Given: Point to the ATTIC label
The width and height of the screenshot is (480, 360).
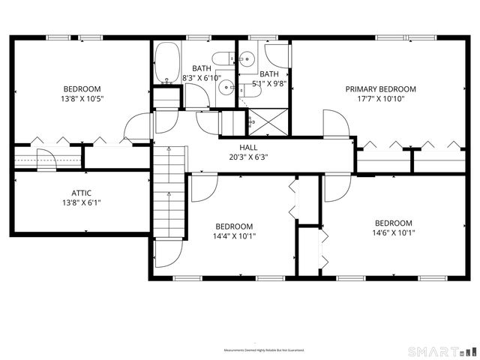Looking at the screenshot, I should pyautogui.click(x=82, y=192).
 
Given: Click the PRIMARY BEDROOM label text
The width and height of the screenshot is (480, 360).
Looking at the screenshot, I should pyautogui.click(x=380, y=88).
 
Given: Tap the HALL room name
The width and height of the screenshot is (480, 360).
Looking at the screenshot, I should pyautogui.click(x=249, y=148).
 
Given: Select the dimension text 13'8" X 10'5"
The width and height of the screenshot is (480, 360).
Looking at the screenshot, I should pyautogui.click(x=82, y=98).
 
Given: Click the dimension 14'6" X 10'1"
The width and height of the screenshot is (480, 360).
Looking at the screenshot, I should pyautogui.click(x=394, y=232).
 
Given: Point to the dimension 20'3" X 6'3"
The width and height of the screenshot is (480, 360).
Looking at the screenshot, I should pyautogui.click(x=249, y=157).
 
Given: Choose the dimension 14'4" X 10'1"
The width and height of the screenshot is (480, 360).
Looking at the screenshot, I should pyautogui.click(x=235, y=235).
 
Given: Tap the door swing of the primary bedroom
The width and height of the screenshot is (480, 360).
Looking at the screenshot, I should pyautogui.click(x=335, y=124).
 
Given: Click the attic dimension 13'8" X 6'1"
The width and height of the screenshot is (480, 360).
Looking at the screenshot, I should pyautogui.click(x=82, y=202).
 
